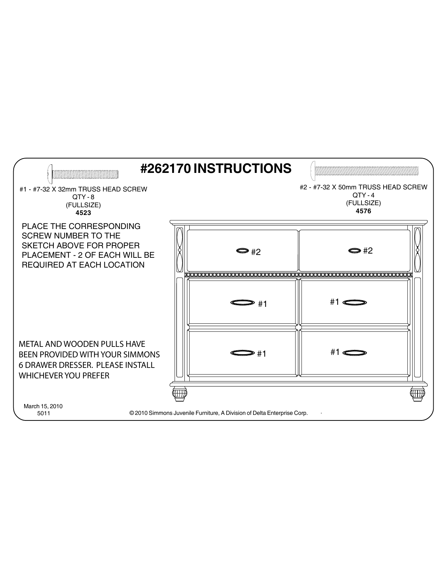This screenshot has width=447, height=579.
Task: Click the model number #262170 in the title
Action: coord(165,169)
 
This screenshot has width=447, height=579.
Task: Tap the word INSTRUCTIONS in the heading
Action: coord(242,169)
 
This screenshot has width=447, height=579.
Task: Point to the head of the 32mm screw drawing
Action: coord(50,173)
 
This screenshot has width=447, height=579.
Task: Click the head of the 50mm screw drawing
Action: coord(313,170)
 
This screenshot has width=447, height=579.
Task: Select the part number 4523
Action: coord(83,213)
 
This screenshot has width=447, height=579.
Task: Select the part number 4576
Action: coord(363,211)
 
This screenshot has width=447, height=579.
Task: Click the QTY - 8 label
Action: coord(83,197)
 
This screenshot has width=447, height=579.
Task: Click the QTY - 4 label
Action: coord(364,195)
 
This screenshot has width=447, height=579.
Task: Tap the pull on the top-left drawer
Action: coord(242,251)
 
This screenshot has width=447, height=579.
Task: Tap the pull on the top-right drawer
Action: coord(354,250)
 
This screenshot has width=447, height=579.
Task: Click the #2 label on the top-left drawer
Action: coord(256,252)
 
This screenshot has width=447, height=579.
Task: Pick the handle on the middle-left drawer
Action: coord(242,302)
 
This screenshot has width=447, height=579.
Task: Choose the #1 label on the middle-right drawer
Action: coord(335,302)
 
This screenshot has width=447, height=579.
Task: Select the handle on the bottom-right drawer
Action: coord(355,353)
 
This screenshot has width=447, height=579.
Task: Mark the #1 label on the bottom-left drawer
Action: coord(262,354)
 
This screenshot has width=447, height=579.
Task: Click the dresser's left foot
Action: coord(180,394)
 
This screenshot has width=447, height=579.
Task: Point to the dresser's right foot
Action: coord(417,394)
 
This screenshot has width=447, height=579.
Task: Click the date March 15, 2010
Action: coord(43,406)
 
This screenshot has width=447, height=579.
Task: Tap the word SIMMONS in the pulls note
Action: coord(144,355)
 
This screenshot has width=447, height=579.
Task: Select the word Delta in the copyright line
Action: coord(259,413)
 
